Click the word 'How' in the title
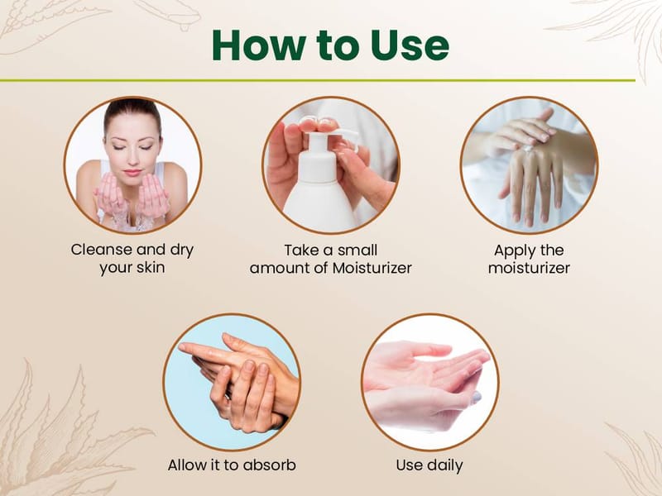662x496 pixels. click(x=259, y=45)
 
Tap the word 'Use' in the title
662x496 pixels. click(x=410, y=45)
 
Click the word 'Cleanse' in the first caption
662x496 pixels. click(x=101, y=250)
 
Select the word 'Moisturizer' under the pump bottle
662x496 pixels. click(x=372, y=268)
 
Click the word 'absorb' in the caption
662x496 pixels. click(x=270, y=465)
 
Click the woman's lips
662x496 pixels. click(x=132, y=173)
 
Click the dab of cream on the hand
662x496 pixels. click(x=528, y=148)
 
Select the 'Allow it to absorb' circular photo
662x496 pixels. click(x=232, y=382)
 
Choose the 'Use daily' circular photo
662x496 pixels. click(x=430, y=382)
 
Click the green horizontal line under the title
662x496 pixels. click(x=318, y=80)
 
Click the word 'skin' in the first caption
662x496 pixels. click(x=151, y=267)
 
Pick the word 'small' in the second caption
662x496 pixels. click(x=357, y=250)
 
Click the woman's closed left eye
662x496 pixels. click(x=146, y=148)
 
